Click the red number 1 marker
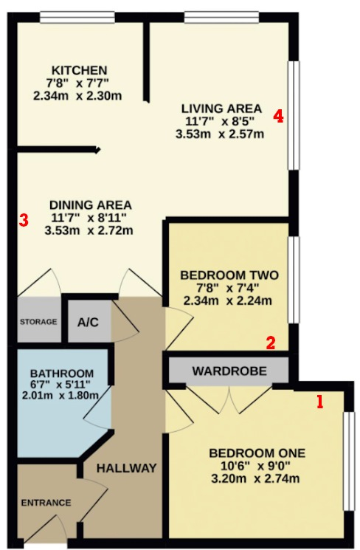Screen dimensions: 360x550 click(319, 402)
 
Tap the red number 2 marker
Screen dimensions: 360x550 click(271, 343)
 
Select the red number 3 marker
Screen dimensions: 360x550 click(23, 220)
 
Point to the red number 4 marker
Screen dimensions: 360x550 click(279, 116)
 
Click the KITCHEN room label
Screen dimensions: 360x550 click(79, 70)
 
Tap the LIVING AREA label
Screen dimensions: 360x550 click(221, 109)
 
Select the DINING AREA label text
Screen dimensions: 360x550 click(91, 204)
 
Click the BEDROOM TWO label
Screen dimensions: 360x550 click(229, 275)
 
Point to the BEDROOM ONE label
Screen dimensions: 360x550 click(257, 453)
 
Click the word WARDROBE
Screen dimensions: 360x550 click(229, 371)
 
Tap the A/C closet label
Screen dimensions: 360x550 click(88, 322)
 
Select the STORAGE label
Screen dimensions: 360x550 click(38, 322)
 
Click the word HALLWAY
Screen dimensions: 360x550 click(127, 468)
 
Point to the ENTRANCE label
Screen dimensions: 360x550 click(46, 503)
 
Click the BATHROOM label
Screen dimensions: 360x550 click(62, 374)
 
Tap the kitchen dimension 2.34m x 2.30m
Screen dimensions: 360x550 click(77, 95)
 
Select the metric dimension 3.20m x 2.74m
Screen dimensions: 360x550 click(255, 478)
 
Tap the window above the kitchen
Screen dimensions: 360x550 click(77, 17)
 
